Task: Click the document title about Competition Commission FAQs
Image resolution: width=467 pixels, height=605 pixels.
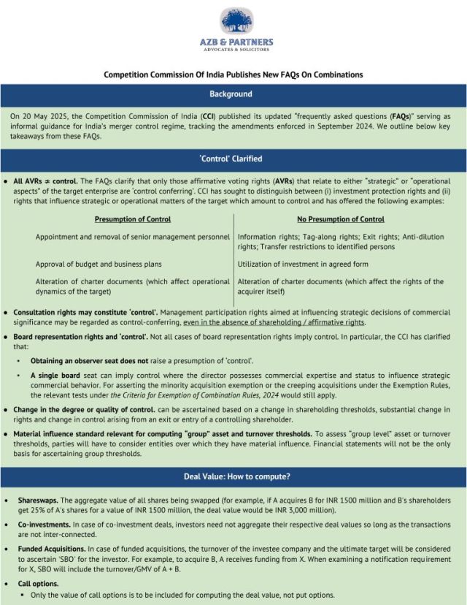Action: [233, 75]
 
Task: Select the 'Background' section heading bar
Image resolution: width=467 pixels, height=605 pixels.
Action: [233, 94]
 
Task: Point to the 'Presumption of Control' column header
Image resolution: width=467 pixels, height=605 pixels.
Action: [132, 219]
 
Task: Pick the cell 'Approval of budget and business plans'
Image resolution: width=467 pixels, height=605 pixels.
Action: [99, 264]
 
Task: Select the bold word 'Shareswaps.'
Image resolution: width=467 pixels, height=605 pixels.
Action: [39, 501]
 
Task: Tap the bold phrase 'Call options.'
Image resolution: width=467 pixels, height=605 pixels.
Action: [39, 584]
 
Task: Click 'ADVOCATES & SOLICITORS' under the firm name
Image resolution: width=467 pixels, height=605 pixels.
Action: [233, 50]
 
